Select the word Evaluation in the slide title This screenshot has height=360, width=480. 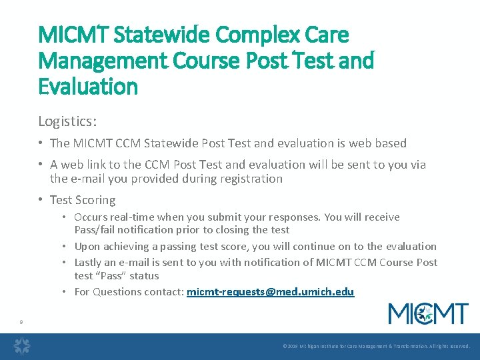pyautogui.click(x=88, y=87)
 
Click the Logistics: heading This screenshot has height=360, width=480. pyautogui.click(x=67, y=121)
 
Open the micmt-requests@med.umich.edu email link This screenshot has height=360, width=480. pyautogui.click(x=271, y=292)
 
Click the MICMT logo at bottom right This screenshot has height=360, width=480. pyautogui.click(x=428, y=313)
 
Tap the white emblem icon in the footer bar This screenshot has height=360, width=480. pyautogui.click(x=23, y=346)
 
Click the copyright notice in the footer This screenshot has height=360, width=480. pyautogui.click(x=376, y=347)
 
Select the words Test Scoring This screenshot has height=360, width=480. pyautogui.click(x=83, y=200)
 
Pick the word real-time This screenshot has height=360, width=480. pyautogui.click(x=130, y=217)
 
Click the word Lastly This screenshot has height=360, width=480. pyautogui.click(x=89, y=263)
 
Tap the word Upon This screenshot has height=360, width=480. pyautogui.click(x=87, y=247)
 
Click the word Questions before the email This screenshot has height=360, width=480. pyautogui.click(x=115, y=292)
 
